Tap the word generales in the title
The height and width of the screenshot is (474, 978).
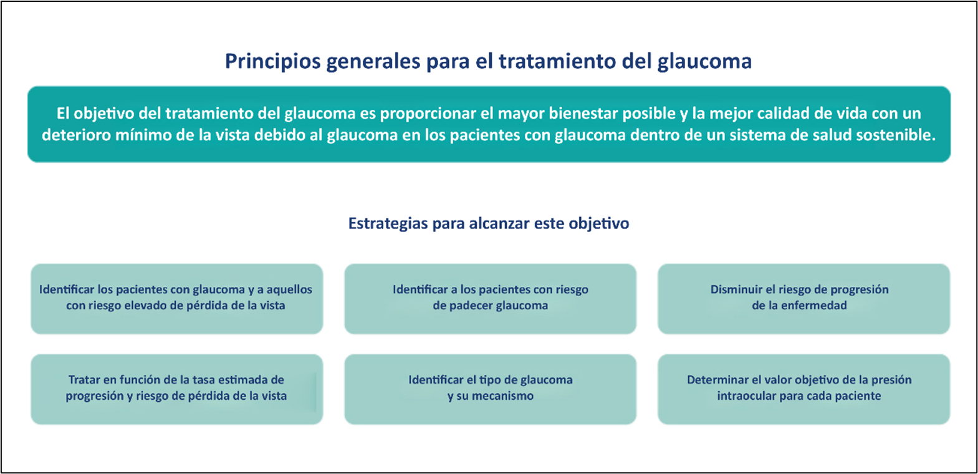click(x=373, y=62)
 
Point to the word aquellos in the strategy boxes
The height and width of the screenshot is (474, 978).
click(x=289, y=289)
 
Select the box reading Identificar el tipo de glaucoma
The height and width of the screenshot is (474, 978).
click(x=491, y=389)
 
